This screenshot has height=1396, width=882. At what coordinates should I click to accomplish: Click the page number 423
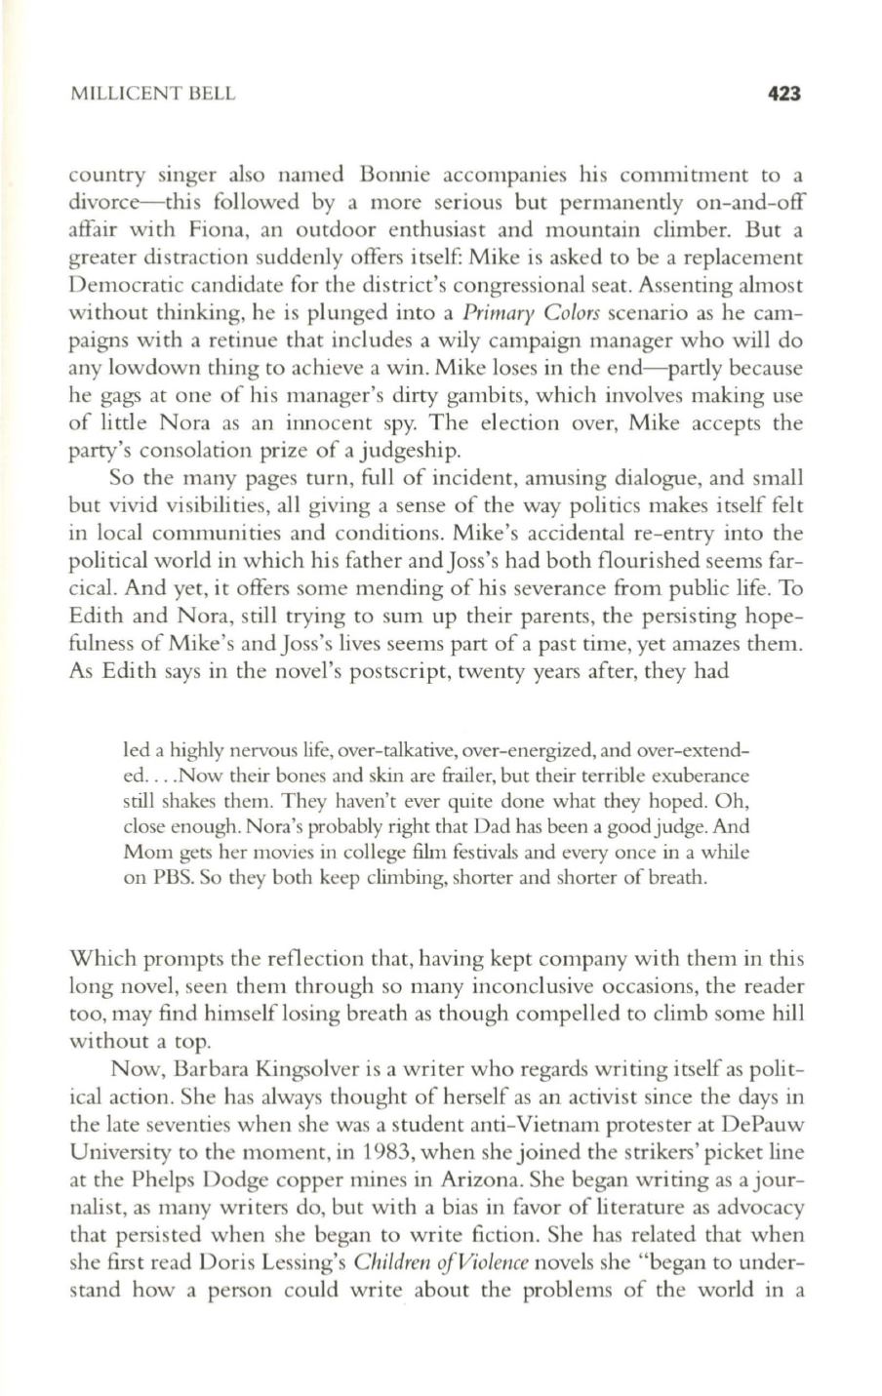click(x=784, y=94)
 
